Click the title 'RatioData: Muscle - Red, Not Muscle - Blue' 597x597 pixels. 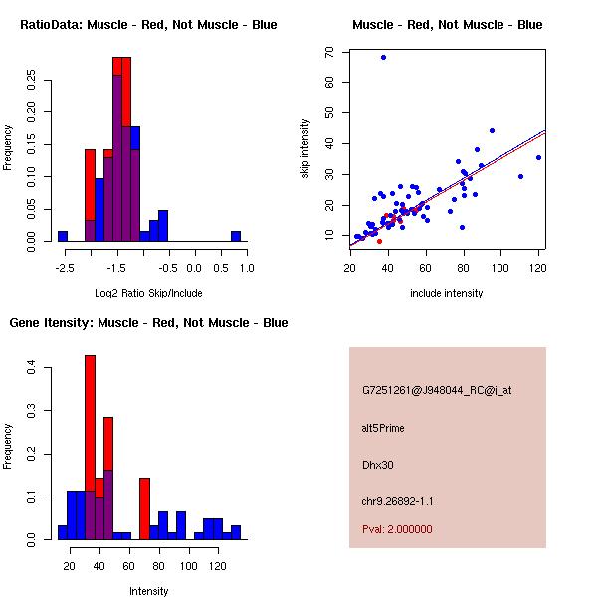click(148, 24)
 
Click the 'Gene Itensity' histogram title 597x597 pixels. click(148, 323)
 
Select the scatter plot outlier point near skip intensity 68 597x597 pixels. click(383, 57)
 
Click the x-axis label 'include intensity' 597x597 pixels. click(447, 293)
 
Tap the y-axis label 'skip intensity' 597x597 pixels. click(305, 149)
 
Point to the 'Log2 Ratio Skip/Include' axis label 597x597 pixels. click(148, 293)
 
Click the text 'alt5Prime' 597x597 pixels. click(383, 429)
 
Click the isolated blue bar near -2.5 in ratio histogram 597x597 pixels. click(63, 236)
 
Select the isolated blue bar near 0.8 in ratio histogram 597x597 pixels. click(236, 236)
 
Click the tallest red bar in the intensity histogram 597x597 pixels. click(90, 448)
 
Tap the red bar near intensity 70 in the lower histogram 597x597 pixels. click(144, 508)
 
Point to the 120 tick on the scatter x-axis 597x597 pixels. click(538, 269)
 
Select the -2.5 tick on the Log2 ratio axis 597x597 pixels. click(63, 268)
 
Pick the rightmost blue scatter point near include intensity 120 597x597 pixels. click(538, 157)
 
